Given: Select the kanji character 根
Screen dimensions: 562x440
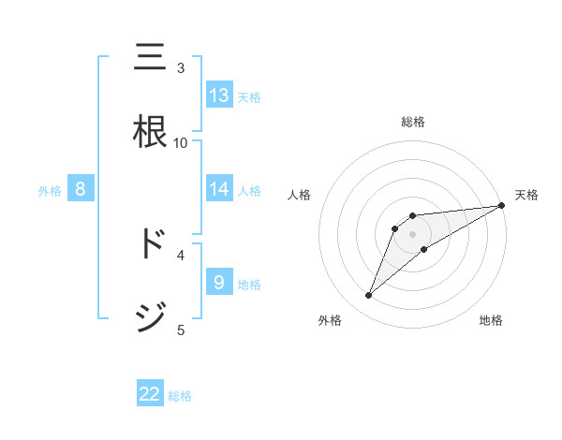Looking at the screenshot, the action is (151, 131).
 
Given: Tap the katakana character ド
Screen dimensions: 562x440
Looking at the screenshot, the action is (151, 243).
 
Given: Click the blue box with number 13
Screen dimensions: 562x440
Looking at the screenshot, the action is (219, 95).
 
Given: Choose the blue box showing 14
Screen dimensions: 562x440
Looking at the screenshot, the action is (219, 189).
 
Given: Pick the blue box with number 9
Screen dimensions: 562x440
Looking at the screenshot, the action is (219, 282).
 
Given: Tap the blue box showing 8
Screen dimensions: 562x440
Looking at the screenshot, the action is (81, 189).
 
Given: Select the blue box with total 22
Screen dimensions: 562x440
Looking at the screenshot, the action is (150, 394).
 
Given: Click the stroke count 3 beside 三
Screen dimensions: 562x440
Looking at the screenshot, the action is (181, 67).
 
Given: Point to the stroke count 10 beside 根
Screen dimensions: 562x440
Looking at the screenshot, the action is (181, 142).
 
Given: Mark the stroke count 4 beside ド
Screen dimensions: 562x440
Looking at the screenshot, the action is (181, 254).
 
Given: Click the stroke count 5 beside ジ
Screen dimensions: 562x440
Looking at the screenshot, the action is (181, 330).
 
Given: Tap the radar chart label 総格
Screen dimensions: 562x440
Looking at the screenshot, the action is (413, 122).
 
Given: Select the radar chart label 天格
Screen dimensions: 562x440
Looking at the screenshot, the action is (526, 195).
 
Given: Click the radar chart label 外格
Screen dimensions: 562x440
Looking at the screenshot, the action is (330, 320).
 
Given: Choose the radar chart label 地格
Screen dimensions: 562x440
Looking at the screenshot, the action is (491, 320).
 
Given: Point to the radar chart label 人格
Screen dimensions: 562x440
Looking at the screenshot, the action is (300, 195).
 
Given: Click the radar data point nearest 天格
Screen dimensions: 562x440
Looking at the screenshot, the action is (501, 206).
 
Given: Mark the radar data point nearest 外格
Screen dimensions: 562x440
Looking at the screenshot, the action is (369, 296).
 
